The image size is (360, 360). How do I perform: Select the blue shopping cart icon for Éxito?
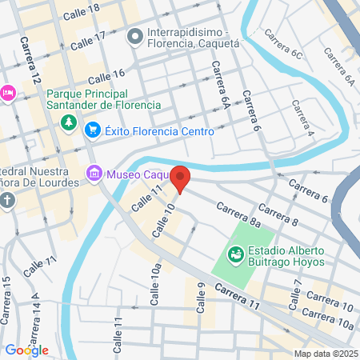[x=93, y=130]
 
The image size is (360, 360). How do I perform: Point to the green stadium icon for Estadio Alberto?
[x=236, y=255]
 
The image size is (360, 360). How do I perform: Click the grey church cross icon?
[x=8, y=198]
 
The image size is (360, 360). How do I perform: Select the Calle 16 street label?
[x=106, y=77]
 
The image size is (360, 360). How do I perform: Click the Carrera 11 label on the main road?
[x=238, y=294]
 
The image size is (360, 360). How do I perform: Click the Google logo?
[x=27, y=350]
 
